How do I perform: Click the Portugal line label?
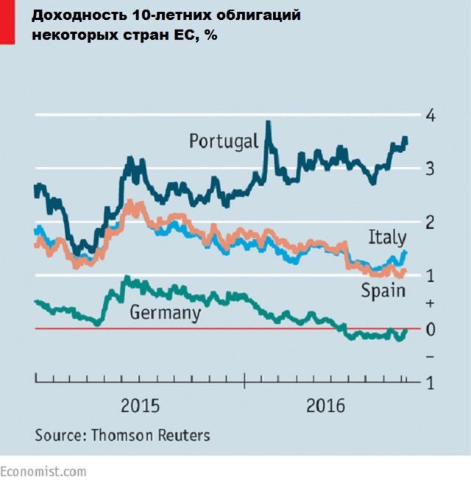pos(224,141)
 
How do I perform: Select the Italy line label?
pos(387,237)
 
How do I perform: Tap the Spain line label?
pos(383,291)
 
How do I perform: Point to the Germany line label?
pos(165,313)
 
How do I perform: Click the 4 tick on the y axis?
pos(431,116)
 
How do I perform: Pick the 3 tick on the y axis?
pos(431,169)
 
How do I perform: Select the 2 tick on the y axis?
pos(431,222)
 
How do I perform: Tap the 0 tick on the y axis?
pos(431,329)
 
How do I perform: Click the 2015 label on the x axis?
pos(141,406)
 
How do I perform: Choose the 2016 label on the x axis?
pos(326,406)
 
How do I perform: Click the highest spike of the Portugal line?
pos(269,124)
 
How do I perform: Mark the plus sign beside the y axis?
pos(431,302)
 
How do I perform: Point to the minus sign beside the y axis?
pos(431,356)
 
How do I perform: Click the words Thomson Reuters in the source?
pos(150,435)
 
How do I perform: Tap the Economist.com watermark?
pos(43,472)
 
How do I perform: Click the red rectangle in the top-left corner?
pos(6,21)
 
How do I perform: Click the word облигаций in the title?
pos(257,15)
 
